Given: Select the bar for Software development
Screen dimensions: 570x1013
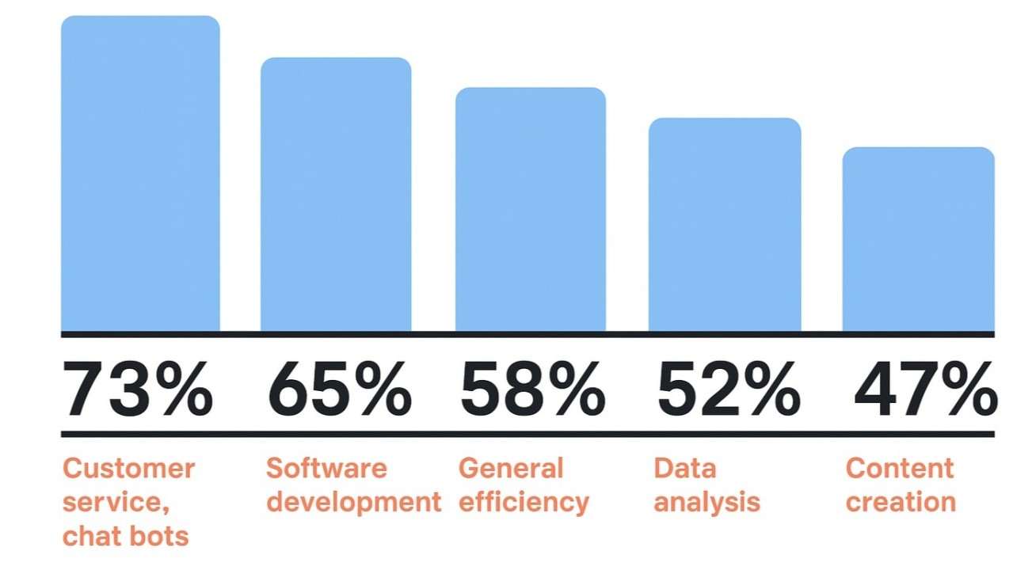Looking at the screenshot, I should tap(336, 194).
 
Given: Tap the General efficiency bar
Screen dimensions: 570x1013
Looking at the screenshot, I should tap(530, 210).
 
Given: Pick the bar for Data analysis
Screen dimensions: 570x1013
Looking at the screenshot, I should tap(725, 225).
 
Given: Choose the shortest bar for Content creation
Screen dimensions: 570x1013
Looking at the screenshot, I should tap(918, 239).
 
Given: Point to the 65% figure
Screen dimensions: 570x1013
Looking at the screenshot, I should tap(340, 389).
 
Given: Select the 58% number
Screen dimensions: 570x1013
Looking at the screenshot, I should tap(532, 389).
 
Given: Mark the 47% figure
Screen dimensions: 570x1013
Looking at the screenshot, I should tap(925, 389).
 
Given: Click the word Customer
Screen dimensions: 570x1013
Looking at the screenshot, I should tap(128, 468).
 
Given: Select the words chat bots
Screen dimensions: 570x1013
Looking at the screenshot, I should tap(125, 536).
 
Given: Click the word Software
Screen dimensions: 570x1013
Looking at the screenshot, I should tap(326, 468).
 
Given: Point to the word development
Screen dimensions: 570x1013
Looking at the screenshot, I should tap(353, 502).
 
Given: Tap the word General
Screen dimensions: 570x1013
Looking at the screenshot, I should tap(510, 468).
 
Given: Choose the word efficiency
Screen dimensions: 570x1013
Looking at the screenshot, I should tap(524, 502).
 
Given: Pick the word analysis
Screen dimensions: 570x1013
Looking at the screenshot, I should tap(706, 502).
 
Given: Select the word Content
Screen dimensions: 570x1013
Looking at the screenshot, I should tap(899, 468).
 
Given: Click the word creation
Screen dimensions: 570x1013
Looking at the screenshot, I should tap(901, 502).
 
